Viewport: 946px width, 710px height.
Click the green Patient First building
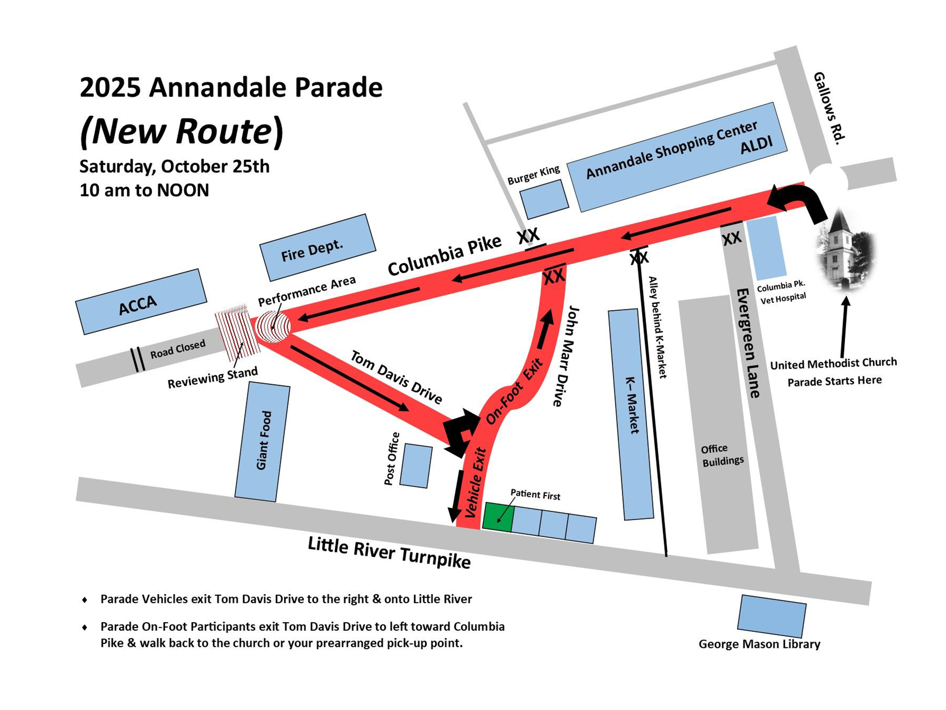[x=498, y=517]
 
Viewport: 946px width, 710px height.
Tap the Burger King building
[x=544, y=199]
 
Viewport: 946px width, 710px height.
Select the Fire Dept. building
[x=317, y=248]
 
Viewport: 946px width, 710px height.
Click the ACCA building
[x=141, y=301]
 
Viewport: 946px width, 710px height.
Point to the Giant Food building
[x=263, y=442]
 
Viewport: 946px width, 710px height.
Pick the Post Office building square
[x=416, y=466]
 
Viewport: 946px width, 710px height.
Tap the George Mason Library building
[x=772, y=616]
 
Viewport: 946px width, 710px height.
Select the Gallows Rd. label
[x=829, y=108]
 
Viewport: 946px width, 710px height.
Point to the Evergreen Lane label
[x=748, y=343]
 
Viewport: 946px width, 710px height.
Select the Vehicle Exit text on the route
[x=475, y=483]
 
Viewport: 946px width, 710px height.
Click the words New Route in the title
[x=182, y=131]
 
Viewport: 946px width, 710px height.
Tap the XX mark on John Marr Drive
[x=553, y=277]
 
